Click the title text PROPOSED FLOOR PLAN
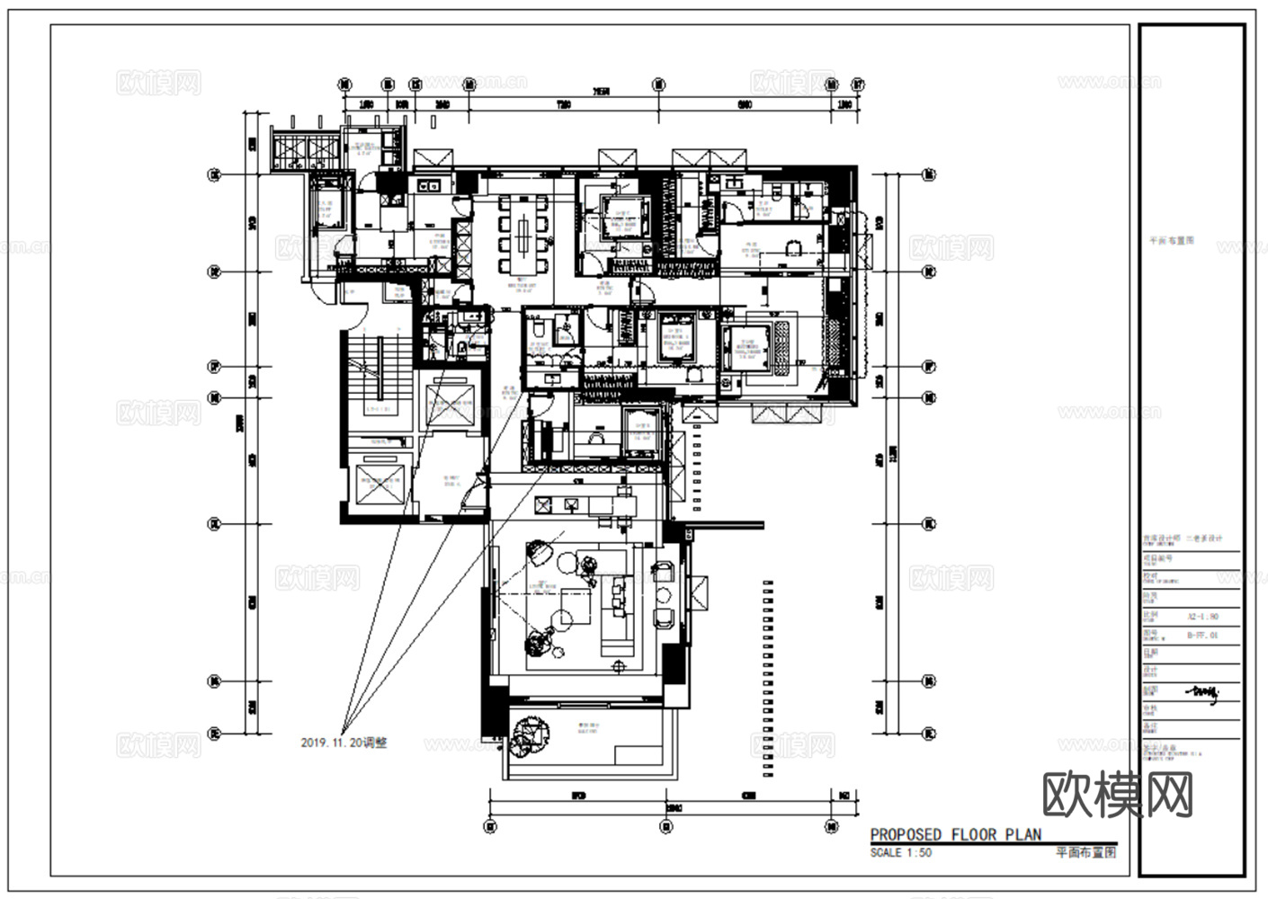tap(955, 834)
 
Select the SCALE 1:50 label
tap(901, 852)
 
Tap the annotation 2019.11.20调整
tap(344, 743)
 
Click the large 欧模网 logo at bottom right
tap(1118, 795)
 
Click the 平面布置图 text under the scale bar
tap(1085, 852)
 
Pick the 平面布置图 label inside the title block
tap(1172, 241)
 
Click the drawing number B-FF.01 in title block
tap(1202, 635)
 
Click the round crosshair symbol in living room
tap(618, 666)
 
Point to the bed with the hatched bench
tap(757, 345)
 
